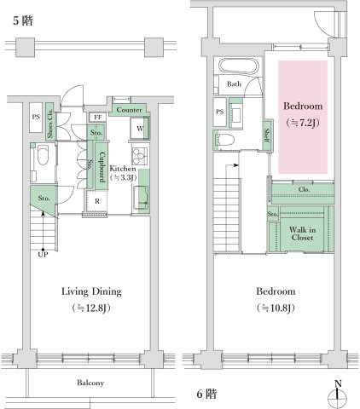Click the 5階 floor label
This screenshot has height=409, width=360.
(23, 20)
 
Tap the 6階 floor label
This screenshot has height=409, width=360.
(206, 394)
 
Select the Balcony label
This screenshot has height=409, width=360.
(90, 383)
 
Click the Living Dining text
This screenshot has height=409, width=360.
(91, 291)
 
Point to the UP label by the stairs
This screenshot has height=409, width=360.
(43, 255)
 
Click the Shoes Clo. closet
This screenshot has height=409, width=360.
(49, 121)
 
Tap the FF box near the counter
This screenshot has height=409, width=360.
(97, 118)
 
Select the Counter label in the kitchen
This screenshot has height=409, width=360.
(129, 110)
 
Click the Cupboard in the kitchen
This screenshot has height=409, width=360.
(102, 166)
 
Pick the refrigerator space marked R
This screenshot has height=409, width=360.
(97, 201)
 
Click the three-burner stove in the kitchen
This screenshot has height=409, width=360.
(140, 156)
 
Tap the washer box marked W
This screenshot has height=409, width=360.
(140, 129)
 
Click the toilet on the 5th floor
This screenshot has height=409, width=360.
(44, 155)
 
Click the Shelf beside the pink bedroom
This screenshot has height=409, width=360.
(267, 135)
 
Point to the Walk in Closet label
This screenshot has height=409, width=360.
(302, 233)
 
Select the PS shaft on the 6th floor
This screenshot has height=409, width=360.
(219, 112)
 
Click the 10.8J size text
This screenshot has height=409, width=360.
(276, 308)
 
